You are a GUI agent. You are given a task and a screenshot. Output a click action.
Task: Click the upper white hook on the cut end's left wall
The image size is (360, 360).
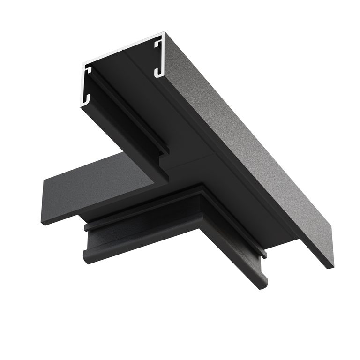tap(88, 70)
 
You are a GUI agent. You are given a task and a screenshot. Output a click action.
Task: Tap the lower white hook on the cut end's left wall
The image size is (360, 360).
tap(86, 99)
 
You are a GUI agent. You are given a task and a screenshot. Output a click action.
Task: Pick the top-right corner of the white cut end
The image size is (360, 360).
tap(164, 33)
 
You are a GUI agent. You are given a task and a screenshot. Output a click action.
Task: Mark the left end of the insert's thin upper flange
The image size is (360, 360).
tap(87, 227)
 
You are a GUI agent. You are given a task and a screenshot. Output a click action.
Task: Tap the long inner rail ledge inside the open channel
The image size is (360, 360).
tap(127, 117)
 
